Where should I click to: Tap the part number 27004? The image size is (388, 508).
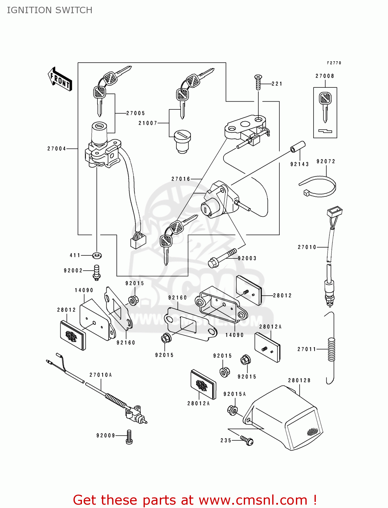pos(57,149)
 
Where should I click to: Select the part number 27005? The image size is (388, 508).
pos(135,113)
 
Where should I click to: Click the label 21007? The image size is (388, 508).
pos(148,123)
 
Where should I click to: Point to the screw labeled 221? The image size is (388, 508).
pos(258,82)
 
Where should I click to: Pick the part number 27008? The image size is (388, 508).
pos(325,76)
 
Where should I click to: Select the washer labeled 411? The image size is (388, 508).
pos(97,255)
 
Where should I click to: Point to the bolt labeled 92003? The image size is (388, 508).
pos(222,258)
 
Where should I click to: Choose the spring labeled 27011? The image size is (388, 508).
pos(331,349)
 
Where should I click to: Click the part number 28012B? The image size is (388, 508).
pos(299,381)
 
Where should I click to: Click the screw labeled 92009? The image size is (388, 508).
pos(129,437)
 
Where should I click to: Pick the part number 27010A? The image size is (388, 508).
pos(101,375)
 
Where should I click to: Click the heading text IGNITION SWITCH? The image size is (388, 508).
pos(49,10)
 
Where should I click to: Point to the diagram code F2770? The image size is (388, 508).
pos(334,63)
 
